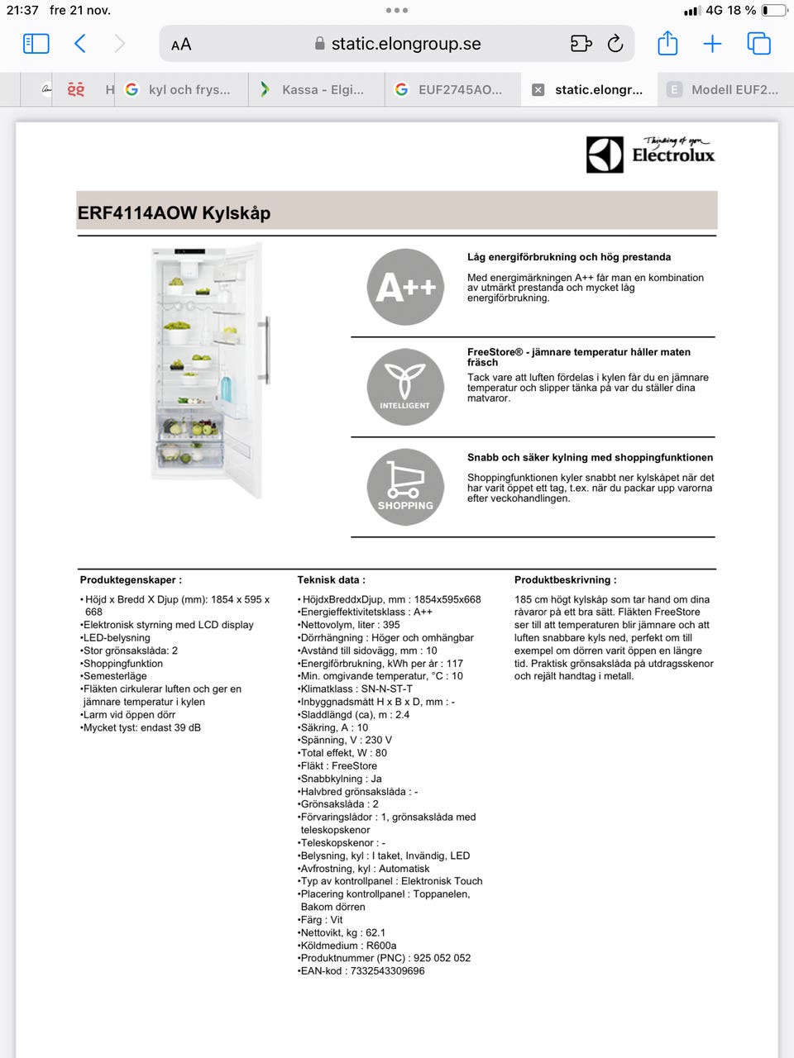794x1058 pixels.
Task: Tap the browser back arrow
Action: click(80, 44)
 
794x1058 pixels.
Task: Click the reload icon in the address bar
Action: click(615, 44)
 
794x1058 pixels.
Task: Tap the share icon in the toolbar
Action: click(667, 44)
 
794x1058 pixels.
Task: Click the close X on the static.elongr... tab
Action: click(538, 89)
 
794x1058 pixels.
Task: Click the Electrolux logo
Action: click(650, 155)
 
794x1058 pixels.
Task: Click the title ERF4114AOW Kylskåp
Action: click(175, 213)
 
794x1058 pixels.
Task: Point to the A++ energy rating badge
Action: click(405, 287)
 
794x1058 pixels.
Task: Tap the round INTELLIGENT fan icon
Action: click(405, 387)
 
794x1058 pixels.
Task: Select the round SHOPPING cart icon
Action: click(405, 487)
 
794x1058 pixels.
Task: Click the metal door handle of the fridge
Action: click(264, 350)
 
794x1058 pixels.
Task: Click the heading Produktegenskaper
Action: click(131, 580)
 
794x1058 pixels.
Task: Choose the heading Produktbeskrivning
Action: click(565, 580)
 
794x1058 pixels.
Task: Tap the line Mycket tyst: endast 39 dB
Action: click(142, 728)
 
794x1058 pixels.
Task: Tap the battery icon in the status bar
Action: click(774, 11)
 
